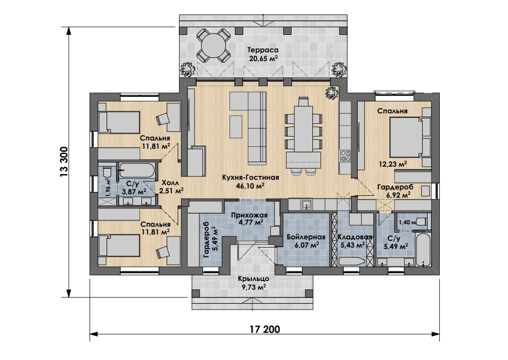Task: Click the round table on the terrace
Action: (x=213, y=46)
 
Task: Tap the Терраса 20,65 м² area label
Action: (x=263, y=54)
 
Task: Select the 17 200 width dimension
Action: (x=265, y=329)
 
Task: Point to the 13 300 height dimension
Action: (x=63, y=162)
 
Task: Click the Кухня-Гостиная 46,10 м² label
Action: (x=250, y=182)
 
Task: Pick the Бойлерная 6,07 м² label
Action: (x=306, y=241)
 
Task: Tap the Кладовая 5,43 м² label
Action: (x=355, y=241)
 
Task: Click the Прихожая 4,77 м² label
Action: (x=249, y=219)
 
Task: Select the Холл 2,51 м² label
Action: (x=171, y=187)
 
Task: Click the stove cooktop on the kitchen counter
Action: (x=345, y=156)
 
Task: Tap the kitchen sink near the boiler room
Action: (x=306, y=205)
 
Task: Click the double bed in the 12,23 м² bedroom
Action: (x=407, y=137)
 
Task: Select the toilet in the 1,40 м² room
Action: (x=422, y=222)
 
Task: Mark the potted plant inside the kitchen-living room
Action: (x=332, y=94)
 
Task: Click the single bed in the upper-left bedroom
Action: (x=119, y=122)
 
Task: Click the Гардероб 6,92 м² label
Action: (x=395, y=191)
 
